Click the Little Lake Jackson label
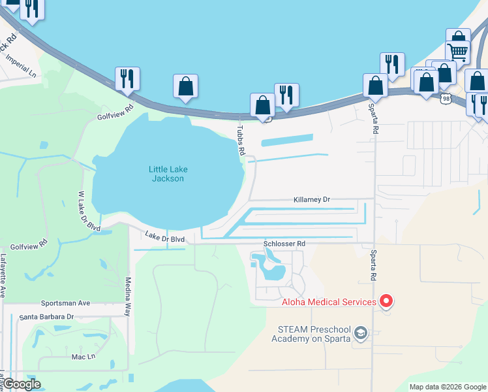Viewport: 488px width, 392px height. coord(168,174)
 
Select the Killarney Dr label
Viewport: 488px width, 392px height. coord(312,199)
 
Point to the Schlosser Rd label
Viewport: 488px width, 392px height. coord(284,244)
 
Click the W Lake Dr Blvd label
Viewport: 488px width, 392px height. coord(89,211)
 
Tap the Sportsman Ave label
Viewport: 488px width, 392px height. coord(65,304)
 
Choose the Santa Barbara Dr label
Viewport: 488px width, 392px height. coord(46,317)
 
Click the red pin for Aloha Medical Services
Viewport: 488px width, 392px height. coord(386,301)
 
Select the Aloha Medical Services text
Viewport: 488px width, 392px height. coord(328,302)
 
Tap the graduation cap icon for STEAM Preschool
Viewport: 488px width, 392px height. coord(360,334)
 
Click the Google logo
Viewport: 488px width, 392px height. coord(22,384)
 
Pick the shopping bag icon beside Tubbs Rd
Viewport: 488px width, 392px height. coord(262,105)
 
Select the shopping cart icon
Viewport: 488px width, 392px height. coord(458,50)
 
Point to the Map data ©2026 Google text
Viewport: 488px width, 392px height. coord(448,387)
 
